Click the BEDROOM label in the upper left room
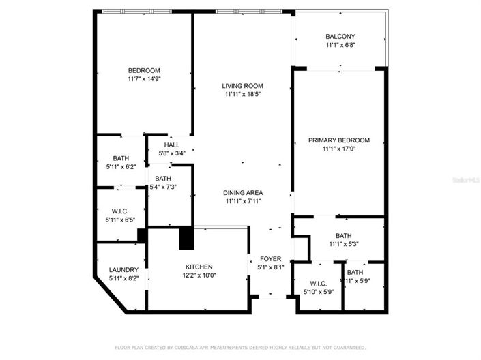click(x=144, y=70)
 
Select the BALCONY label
click(x=340, y=37)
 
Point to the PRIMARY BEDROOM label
click(x=339, y=140)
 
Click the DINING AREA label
click(x=244, y=192)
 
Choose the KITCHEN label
click(x=199, y=267)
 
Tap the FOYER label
click(x=270, y=259)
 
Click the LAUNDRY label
click(x=123, y=270)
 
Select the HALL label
click(x=172, y=145)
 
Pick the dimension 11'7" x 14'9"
click(x=144, y=79)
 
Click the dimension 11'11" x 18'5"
click(x=244, y=95)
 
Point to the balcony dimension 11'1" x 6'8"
click(x=340, y=46)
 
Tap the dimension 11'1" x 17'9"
click(x=339, y=149)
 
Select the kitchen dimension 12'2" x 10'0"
click(x=199, y=275)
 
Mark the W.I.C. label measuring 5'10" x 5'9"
click(x=318, y=284)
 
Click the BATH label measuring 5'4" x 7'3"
click(x=162, y=178)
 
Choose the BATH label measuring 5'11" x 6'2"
click(x=121, y=158)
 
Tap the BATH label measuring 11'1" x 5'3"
click(x=343, y=235)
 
